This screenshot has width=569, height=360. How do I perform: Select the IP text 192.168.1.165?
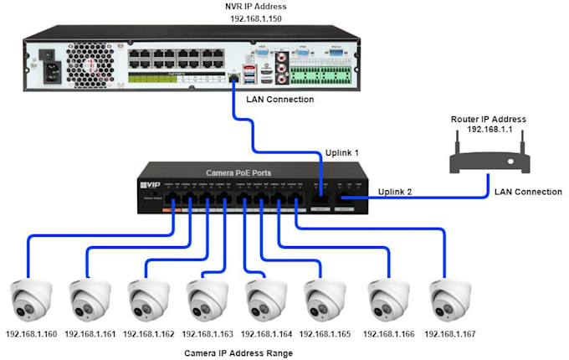pos(326,334)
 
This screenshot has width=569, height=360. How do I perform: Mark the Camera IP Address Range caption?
pos(238,353)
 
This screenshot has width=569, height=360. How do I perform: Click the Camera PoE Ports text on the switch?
pos(238,172)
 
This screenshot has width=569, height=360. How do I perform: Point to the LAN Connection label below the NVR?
pos(279,99)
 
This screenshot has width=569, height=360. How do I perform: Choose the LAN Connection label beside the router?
pos(528,192)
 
